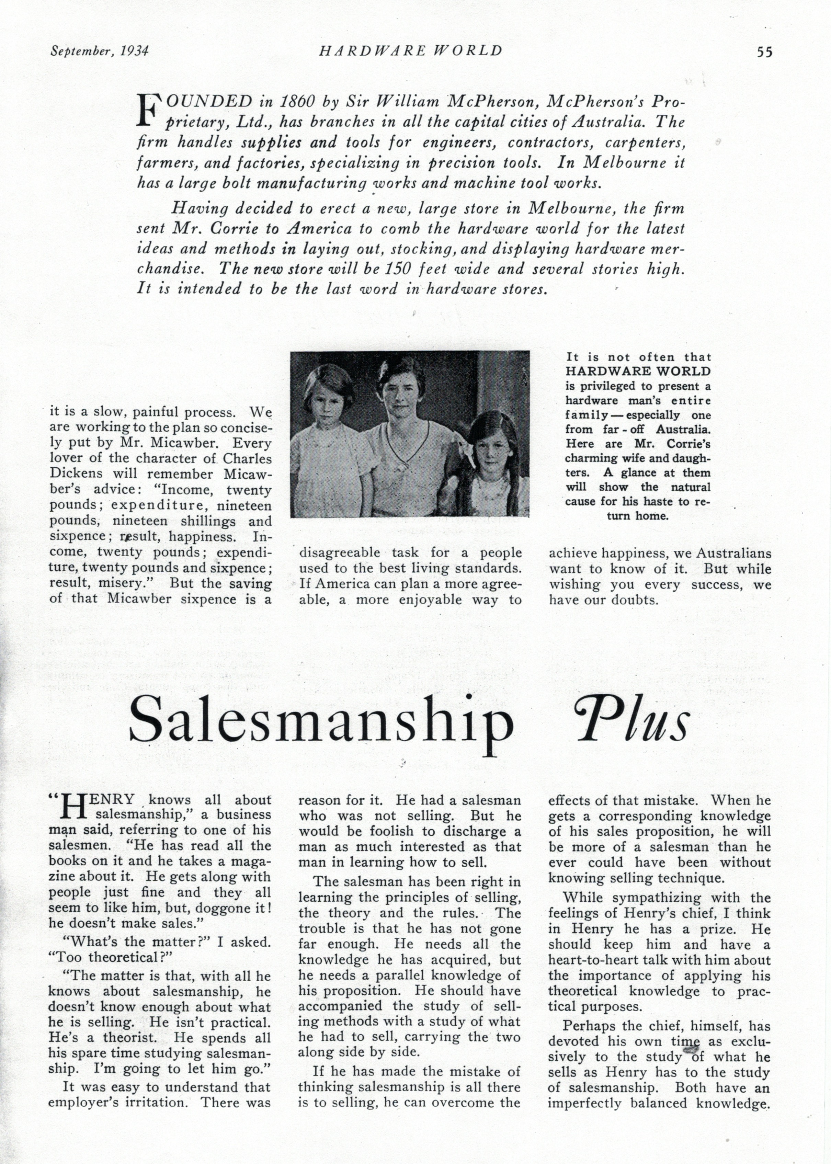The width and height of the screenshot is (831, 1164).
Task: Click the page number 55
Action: [x=764, y=52]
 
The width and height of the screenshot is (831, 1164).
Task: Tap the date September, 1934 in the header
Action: [x=99, y=51]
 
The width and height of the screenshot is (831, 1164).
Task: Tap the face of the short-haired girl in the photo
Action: [x=327, y=403]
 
